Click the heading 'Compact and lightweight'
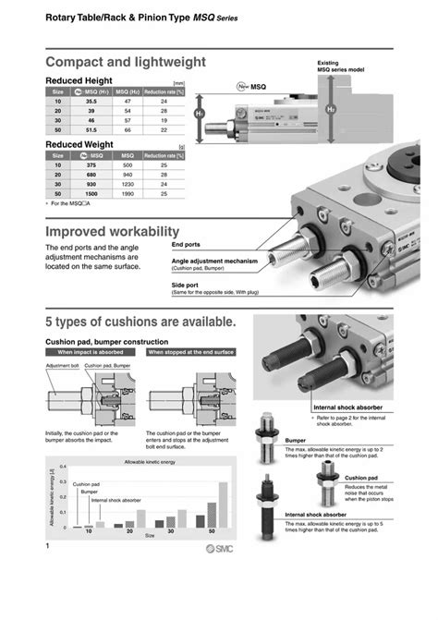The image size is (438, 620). [126, 61]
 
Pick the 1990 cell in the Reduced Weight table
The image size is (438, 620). [128, 195]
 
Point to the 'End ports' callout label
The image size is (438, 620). [186, 245]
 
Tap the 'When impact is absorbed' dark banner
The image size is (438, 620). [93, 353]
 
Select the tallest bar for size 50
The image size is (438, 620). [222, 506]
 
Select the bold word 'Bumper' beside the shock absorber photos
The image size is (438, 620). [296, 441]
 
